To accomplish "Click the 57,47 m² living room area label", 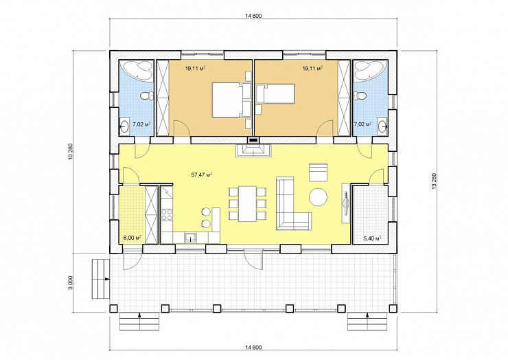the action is tap(202, 175).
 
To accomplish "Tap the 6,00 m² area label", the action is tap(132, 238).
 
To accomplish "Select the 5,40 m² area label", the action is tap(372, 238).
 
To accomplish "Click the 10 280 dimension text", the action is tap(71, 152).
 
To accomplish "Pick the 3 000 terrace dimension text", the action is tap(71, 282).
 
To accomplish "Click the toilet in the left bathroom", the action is tap(147, 96).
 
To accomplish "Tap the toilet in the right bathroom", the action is tap(360, 95).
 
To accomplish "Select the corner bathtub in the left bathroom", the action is tap(137, 71).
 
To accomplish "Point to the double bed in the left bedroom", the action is tap(231, 100).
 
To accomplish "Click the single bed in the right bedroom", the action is tap(275, 94).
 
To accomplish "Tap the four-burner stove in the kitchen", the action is tap(168, 214).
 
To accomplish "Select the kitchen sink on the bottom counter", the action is tap(191, 238).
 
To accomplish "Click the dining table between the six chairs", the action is tap(248, 204).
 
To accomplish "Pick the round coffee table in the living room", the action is tap(318, 197).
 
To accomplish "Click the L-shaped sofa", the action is tap(293, 203).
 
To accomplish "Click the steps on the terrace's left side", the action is tap(101, 279).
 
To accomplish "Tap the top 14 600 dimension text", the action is tap(253, 16).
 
